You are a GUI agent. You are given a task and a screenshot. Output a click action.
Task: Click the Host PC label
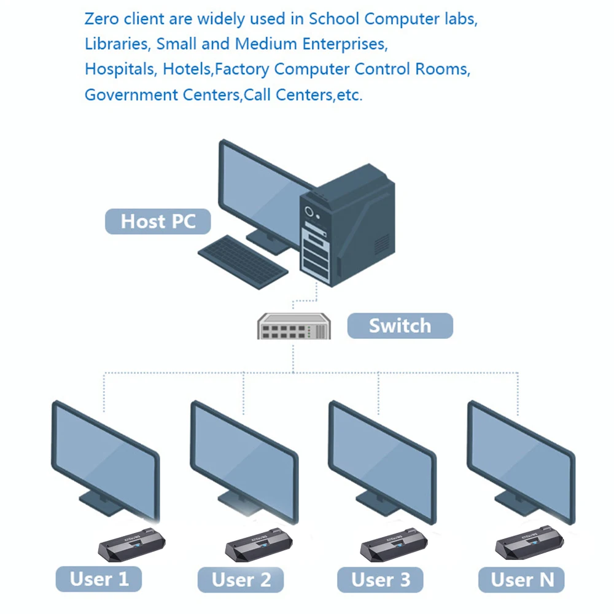click(x=158, y=221)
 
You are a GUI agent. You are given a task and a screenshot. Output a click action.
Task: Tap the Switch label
click(x=400, y=325)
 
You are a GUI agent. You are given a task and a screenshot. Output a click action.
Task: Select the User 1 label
click(x=99, y=579)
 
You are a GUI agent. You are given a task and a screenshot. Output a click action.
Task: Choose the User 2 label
click(x=241, y=580)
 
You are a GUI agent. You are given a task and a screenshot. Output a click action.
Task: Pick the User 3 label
click(x=381, y=579)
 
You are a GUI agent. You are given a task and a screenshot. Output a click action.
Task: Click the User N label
click(x=522, y=579)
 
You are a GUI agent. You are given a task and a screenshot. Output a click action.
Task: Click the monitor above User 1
click(x=104, y=454)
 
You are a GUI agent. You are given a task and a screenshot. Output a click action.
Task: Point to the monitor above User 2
click(x=244, y=454)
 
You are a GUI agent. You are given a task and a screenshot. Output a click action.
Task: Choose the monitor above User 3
click(x=382, y=454)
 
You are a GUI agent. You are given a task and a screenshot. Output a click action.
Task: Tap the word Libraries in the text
click(x=117, y=44)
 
